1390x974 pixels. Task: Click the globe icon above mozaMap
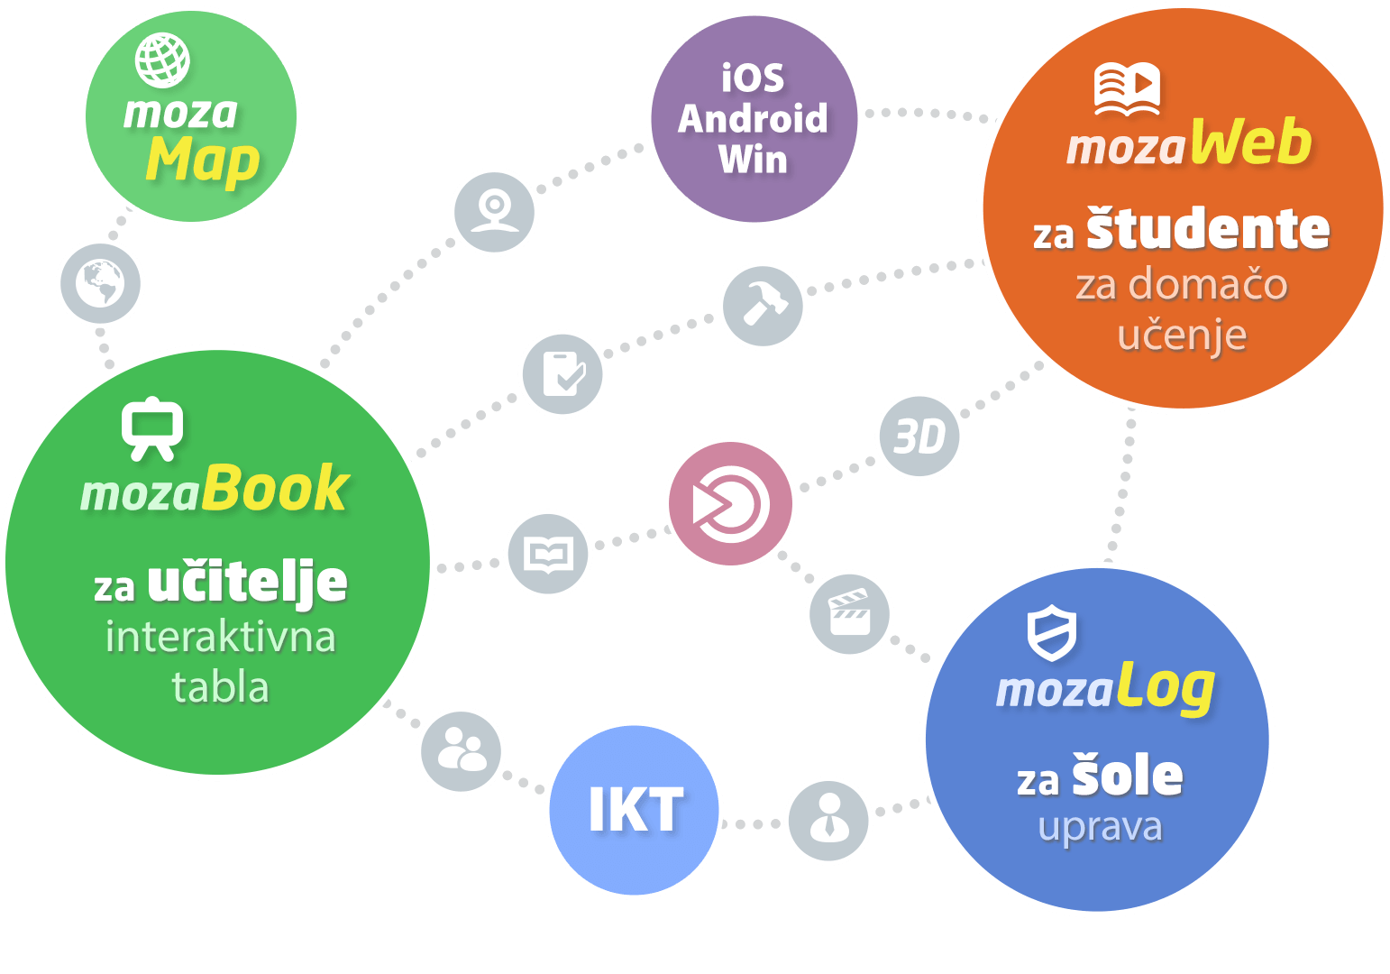162,60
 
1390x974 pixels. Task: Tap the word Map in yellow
203,163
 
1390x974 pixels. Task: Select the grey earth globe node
100,283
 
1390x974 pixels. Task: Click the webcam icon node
494,212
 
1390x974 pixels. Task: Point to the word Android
753,119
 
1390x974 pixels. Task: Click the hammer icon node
763,306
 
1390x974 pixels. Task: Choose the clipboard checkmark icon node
562,373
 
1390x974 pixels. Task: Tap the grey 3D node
919,436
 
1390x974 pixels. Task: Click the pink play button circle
730,503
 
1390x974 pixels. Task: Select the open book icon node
548,554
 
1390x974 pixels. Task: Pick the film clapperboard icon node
849,613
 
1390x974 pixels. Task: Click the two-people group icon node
462,751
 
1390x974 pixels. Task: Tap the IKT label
636,810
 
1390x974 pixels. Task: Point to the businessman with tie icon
828,820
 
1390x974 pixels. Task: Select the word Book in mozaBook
275,490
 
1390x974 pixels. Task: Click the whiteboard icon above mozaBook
152,428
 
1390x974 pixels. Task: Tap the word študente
1207,230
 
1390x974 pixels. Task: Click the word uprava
1100,827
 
